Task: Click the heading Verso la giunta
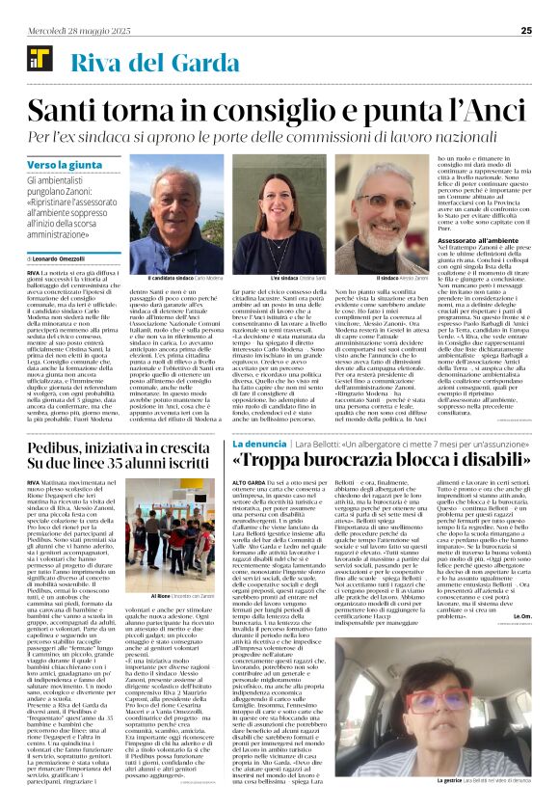pyautogui.click(x=60, y=166)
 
